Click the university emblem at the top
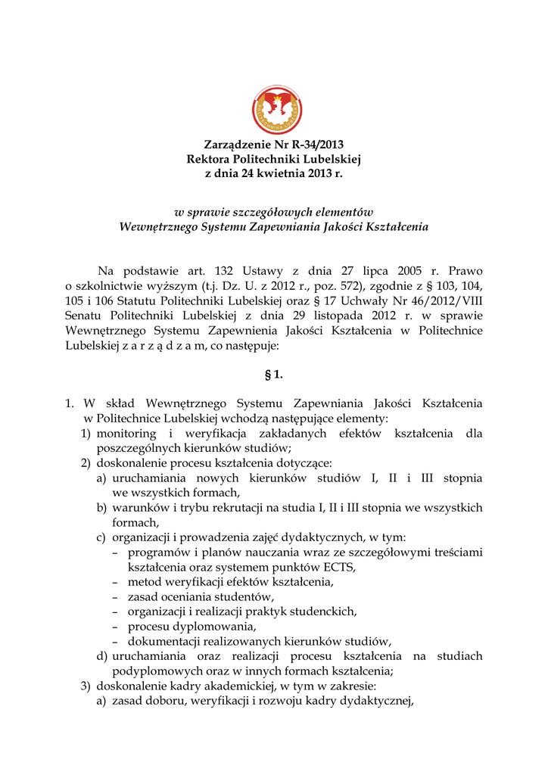coord(276,111)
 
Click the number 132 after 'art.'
coord(224,271)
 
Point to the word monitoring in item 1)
coord(126,434)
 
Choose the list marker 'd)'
coord(102,656)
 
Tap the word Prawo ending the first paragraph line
coord(465,271)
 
